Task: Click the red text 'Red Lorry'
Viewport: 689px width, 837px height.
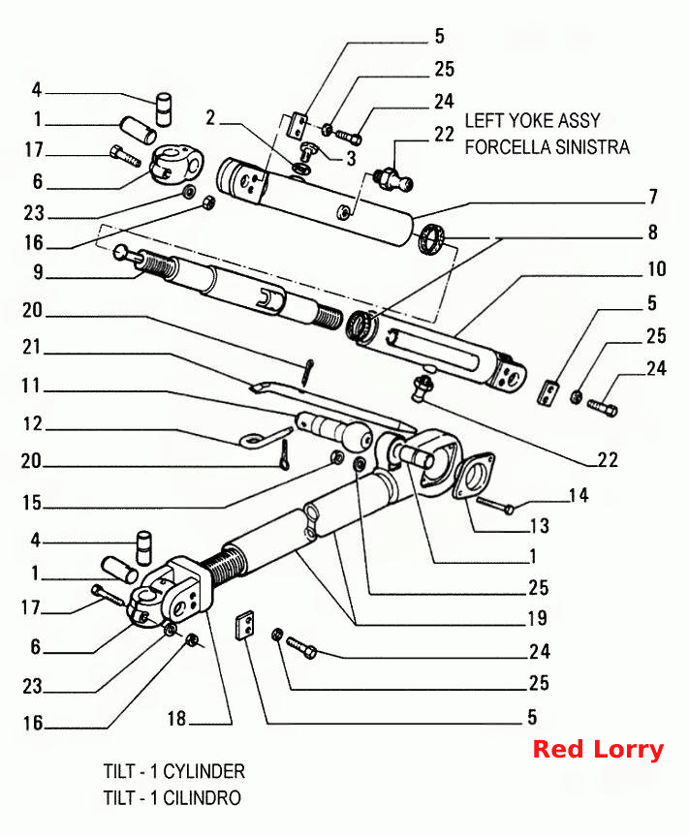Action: coord(598,750)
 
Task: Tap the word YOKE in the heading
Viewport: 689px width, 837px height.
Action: coord(529,121)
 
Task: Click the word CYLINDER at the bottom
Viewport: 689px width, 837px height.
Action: coord(204,771)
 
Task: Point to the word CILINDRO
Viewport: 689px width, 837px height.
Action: coord(202,797)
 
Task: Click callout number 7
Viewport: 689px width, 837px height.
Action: coord(653,198)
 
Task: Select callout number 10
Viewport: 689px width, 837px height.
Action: coord(656,268)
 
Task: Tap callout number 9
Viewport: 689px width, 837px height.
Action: coord(38,272)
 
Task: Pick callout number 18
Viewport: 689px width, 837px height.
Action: coord(176,719)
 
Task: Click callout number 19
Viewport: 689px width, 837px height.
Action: coord(537,618)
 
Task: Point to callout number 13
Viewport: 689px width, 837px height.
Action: coord(540,526)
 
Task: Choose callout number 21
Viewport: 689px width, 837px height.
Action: coord(32,348)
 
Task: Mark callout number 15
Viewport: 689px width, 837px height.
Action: coord(32,503)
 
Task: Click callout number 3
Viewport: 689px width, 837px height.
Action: coord(351,159)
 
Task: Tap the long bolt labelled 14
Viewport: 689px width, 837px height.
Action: coord(495,505)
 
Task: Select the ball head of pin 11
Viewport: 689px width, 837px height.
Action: coord(357,437)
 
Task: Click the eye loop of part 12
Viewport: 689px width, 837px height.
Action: coord(250,441)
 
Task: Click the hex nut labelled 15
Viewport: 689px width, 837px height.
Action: coord(337,457)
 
